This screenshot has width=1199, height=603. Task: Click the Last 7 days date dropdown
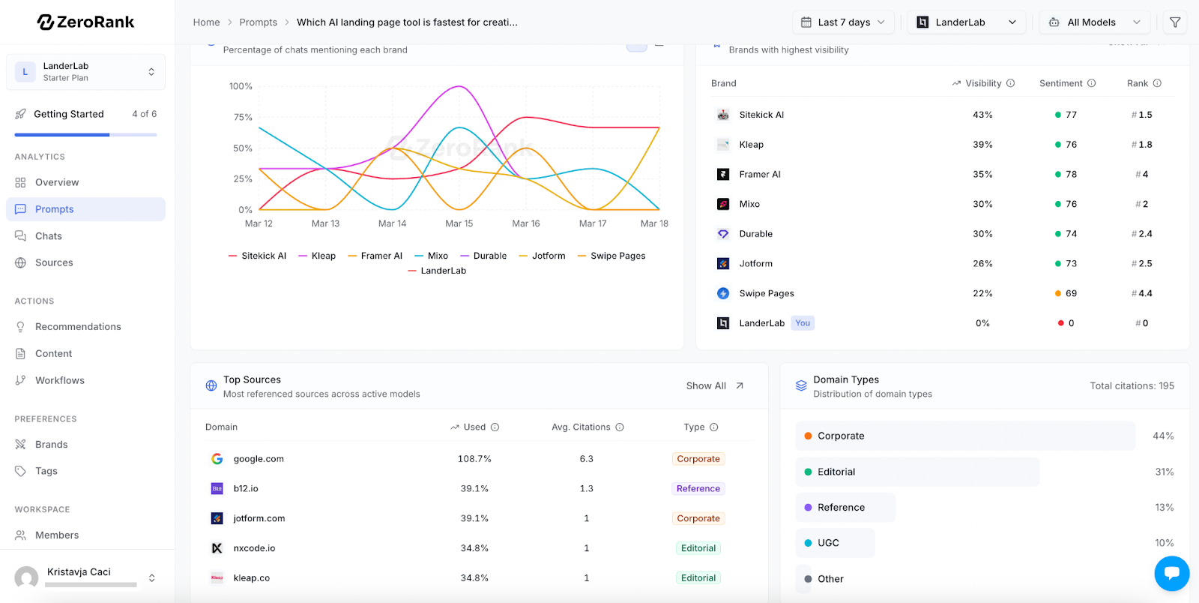coord(843,22)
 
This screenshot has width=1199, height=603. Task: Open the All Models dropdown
coord(1095,22)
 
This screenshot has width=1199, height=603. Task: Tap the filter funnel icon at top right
coord(1175,22)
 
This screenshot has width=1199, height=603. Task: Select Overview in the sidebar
coord(57,182)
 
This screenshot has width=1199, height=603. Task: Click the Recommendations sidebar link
coord(78,327)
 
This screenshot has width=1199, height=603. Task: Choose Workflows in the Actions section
coord(59,380)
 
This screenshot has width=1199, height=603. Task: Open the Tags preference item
coord(46,471)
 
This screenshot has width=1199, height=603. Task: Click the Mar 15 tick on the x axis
coord(459,223)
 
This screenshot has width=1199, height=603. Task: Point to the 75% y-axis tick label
coord(243,117)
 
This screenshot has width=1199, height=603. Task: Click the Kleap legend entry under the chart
coord(317,256)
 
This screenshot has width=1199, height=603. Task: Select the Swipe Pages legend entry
coord(611,256)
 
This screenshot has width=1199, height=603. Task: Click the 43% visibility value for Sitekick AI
coord(982,115)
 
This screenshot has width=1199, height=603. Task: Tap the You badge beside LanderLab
coord(803,323)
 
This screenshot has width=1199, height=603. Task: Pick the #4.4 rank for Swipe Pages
coord(1142,293)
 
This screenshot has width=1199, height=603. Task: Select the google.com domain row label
coord(259,458)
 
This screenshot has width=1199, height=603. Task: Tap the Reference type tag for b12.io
coord(698,488)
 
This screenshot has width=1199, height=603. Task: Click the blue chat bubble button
coord(1172,573)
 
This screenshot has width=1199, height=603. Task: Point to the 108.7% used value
coord(474,458)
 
